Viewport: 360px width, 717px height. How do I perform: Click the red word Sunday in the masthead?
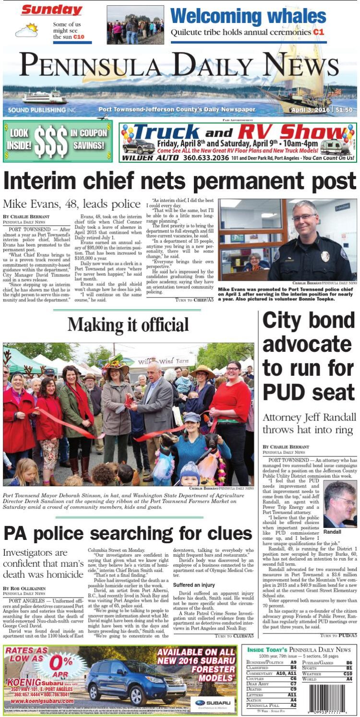pyautogui.click(x=51, y=10)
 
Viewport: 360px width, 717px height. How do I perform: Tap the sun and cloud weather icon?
pyautogui.click(x=26, y=31)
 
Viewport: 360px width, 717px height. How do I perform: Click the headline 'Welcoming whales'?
pyautogui.click(x=248, y=16)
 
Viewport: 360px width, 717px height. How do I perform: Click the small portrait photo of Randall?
pyautogui.click(x=339, y=504)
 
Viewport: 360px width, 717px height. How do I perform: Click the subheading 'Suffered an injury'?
pyautogui.click(x=195, y=585)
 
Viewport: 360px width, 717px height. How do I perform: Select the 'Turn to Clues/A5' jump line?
pyautogui.click(x=234, y=636)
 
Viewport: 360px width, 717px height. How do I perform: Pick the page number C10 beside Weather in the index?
pyautogui.click(x=348, y=674)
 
